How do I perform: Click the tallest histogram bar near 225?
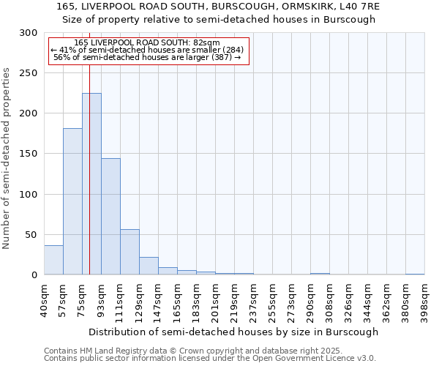click(91, 184)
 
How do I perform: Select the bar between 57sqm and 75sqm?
click(72, 201)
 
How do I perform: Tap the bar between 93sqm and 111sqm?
click(110, 216)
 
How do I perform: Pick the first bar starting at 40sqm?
click(53, 260)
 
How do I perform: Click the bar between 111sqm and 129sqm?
click(130, 252)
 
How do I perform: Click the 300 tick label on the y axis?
click(29, 33)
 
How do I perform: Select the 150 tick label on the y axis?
click(29, 154)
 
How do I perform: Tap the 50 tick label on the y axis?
click(31, 235)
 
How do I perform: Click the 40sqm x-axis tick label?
click(45, 300)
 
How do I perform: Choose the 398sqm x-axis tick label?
click(424, 300)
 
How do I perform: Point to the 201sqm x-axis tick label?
click(216, 300)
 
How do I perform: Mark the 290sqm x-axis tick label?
click(310, 300)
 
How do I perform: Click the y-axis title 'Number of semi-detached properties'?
click(7, 158)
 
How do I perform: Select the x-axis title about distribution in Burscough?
click(234, 332)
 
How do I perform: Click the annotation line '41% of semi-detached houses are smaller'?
click(149, 51)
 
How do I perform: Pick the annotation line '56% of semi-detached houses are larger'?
click(149, 58)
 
